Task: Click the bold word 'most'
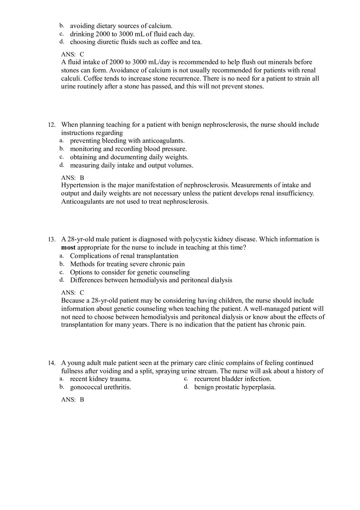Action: coord(68,247)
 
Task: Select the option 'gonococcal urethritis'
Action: coord(100,387)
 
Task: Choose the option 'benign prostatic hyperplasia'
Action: coord(234,387)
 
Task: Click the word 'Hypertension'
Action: coord(80,185)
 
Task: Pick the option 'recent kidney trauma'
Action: coord(100,379)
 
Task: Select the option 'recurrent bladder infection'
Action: coord(232,379)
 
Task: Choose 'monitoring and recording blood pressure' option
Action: coord(128,149)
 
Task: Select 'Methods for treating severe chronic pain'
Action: coord(127,264)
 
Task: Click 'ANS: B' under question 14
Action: coord(72,400)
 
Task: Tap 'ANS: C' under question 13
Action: coord(72,293)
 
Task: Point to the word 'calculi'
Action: coord(71,79)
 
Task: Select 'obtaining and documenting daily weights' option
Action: coord(129,157)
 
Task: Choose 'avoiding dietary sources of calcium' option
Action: coord(121,26)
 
